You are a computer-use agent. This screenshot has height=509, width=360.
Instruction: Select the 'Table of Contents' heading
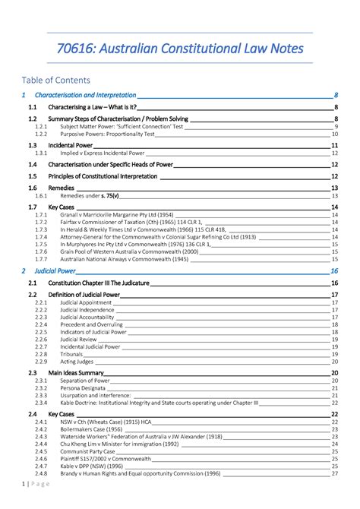[56, 80]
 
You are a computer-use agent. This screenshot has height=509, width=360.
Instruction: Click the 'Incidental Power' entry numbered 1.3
[71, 144]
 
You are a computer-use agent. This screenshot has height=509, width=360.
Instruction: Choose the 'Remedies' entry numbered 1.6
[62, 187]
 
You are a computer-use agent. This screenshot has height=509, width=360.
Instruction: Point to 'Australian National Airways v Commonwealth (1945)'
[125, 259]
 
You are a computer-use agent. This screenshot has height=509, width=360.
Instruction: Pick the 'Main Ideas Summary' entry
[75, 373]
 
